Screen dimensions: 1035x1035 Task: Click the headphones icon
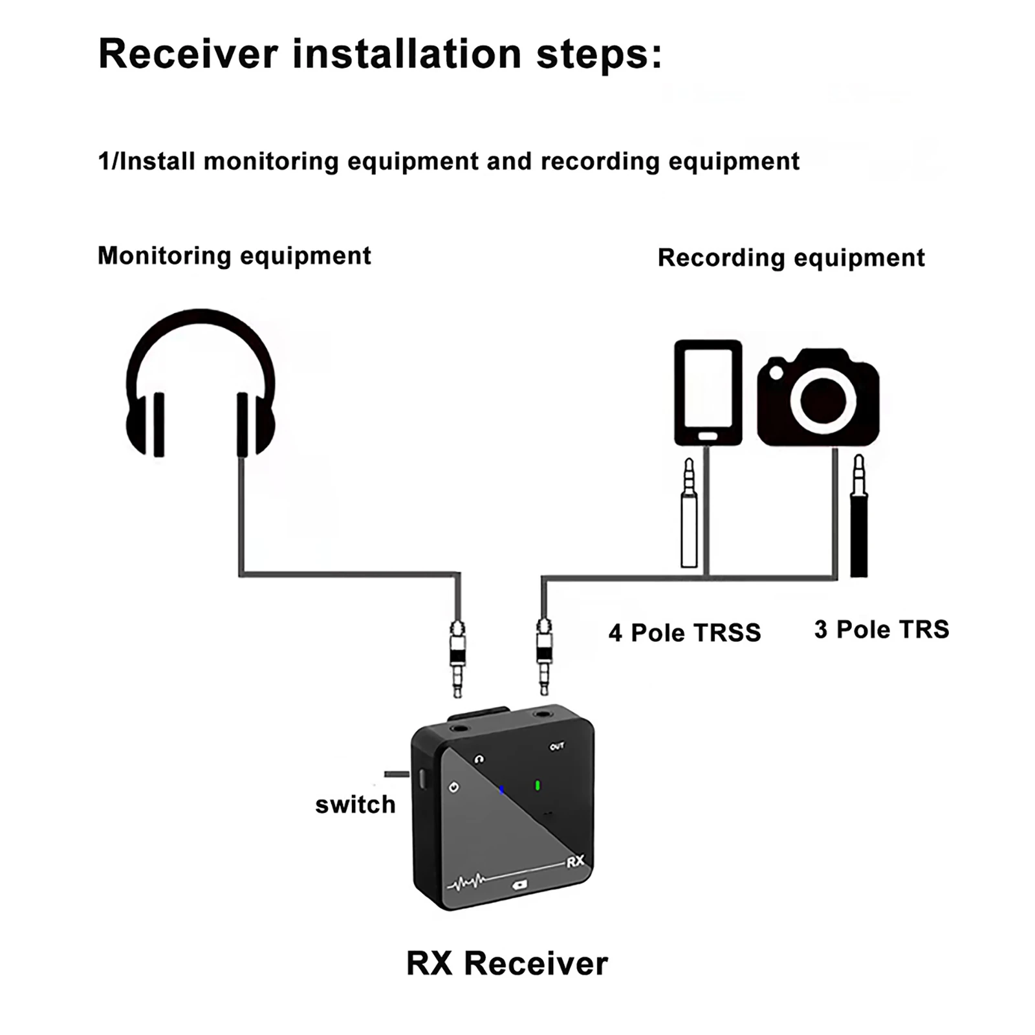coord(201,383)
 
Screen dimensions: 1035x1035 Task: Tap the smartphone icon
coord(708,393)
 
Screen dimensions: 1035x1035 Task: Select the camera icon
coord(818,397)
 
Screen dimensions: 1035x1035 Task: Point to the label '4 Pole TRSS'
coord(684,633)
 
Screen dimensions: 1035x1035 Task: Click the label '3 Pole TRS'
coord(882,629)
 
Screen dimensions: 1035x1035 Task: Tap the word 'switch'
coord(355,805)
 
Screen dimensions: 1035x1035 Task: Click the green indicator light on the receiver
coord(537,786)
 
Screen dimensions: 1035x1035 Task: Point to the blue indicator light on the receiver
coord(501,790)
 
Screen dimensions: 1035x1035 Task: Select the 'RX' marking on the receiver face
coord(575,862)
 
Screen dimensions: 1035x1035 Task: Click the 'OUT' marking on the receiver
coord(557,746)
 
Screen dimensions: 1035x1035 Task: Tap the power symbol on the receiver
coord(454,787)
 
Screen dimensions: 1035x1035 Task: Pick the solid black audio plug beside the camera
coord(858,516)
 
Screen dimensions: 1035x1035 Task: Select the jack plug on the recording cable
coord(544,656)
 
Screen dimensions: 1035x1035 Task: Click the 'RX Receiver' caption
coord(507,963)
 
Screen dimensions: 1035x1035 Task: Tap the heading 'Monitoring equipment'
coord(234,256)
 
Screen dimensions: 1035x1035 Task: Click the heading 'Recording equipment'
coord(791,258)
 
